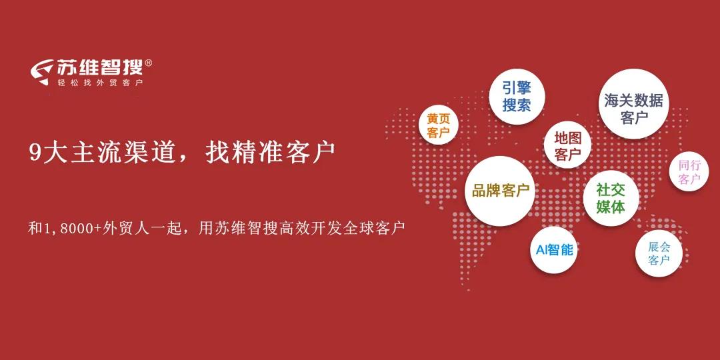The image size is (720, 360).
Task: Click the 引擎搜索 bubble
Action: coord(517,97)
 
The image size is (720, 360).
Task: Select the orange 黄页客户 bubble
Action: coord(439,125)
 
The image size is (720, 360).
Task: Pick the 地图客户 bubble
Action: coord(568,146)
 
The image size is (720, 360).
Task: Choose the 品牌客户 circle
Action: coord(500,191)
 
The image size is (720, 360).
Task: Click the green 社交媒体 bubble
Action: coord(611,198)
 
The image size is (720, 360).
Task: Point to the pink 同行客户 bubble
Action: coord(689,171)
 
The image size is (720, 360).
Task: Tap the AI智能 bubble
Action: coord(555,250)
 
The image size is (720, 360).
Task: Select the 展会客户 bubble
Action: coord(659,253)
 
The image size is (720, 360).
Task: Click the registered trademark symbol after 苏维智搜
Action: coord(148,63)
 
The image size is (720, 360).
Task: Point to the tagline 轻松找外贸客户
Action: coord(101,83)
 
